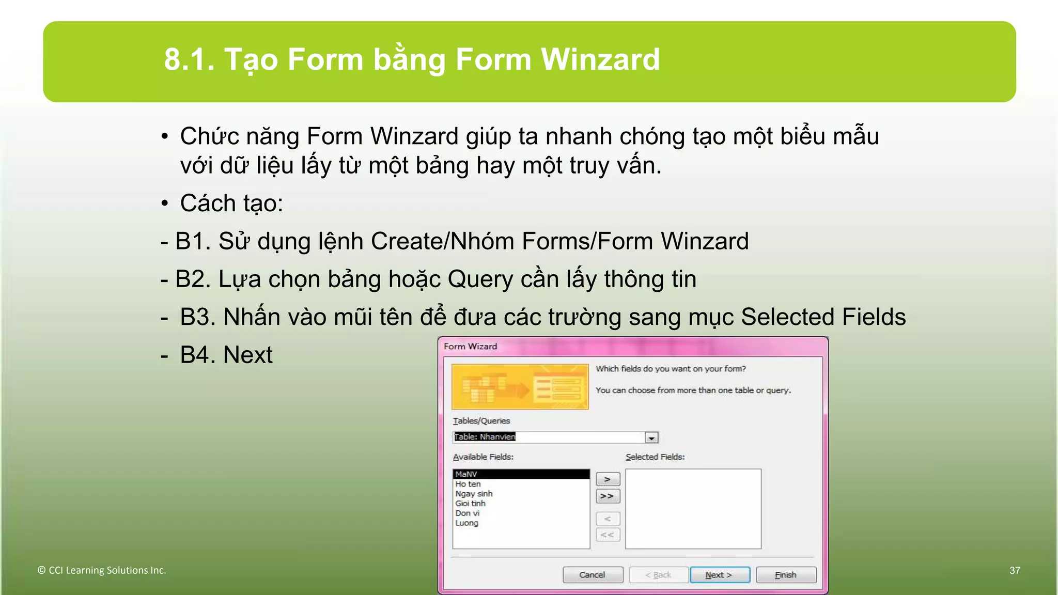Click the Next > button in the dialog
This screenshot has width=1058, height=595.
click(x=719, y=575)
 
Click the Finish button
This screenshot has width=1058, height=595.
click(x=786, y=575)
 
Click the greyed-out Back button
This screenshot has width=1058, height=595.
click(x=658, y=575)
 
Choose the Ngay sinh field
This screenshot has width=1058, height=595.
click(x=474, y=494)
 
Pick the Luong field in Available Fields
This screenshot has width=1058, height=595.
click(x=467, y=523)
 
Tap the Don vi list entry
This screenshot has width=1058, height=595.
click(x=468, y=513)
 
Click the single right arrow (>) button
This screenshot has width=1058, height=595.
click(x=608, y=479)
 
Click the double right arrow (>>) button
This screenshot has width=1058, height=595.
click(x=608, y=496)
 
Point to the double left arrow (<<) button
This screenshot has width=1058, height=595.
click(x=608, y=535)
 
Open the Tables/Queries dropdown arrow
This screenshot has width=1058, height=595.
click(x=651, y=438)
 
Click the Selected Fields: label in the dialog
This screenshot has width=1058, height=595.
click(x=655, y=457)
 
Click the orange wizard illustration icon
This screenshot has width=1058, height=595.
click(x=520, y=387)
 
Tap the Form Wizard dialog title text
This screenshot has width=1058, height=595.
click(x=470, y=347)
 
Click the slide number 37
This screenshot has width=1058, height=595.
click(x=1015, y=570)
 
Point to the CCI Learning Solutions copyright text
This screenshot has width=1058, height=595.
click(x=102, y=570)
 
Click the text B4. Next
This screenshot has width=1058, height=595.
click(x=226, y=355)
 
